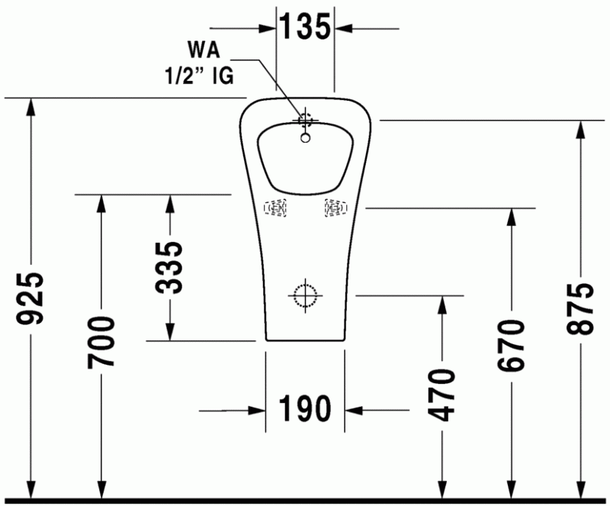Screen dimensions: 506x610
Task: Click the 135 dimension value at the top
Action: pos(305,27)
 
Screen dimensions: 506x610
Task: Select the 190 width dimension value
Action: pos(305,409)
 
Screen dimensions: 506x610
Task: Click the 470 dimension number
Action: pos(441,393)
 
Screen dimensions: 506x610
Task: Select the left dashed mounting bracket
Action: pos(275,208)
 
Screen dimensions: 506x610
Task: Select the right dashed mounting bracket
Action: pos(335,207)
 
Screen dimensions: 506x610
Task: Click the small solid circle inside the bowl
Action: pos(305,138)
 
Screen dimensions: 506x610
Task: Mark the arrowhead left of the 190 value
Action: pos(258,411)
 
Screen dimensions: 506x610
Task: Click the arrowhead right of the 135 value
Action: pos(342,28)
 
